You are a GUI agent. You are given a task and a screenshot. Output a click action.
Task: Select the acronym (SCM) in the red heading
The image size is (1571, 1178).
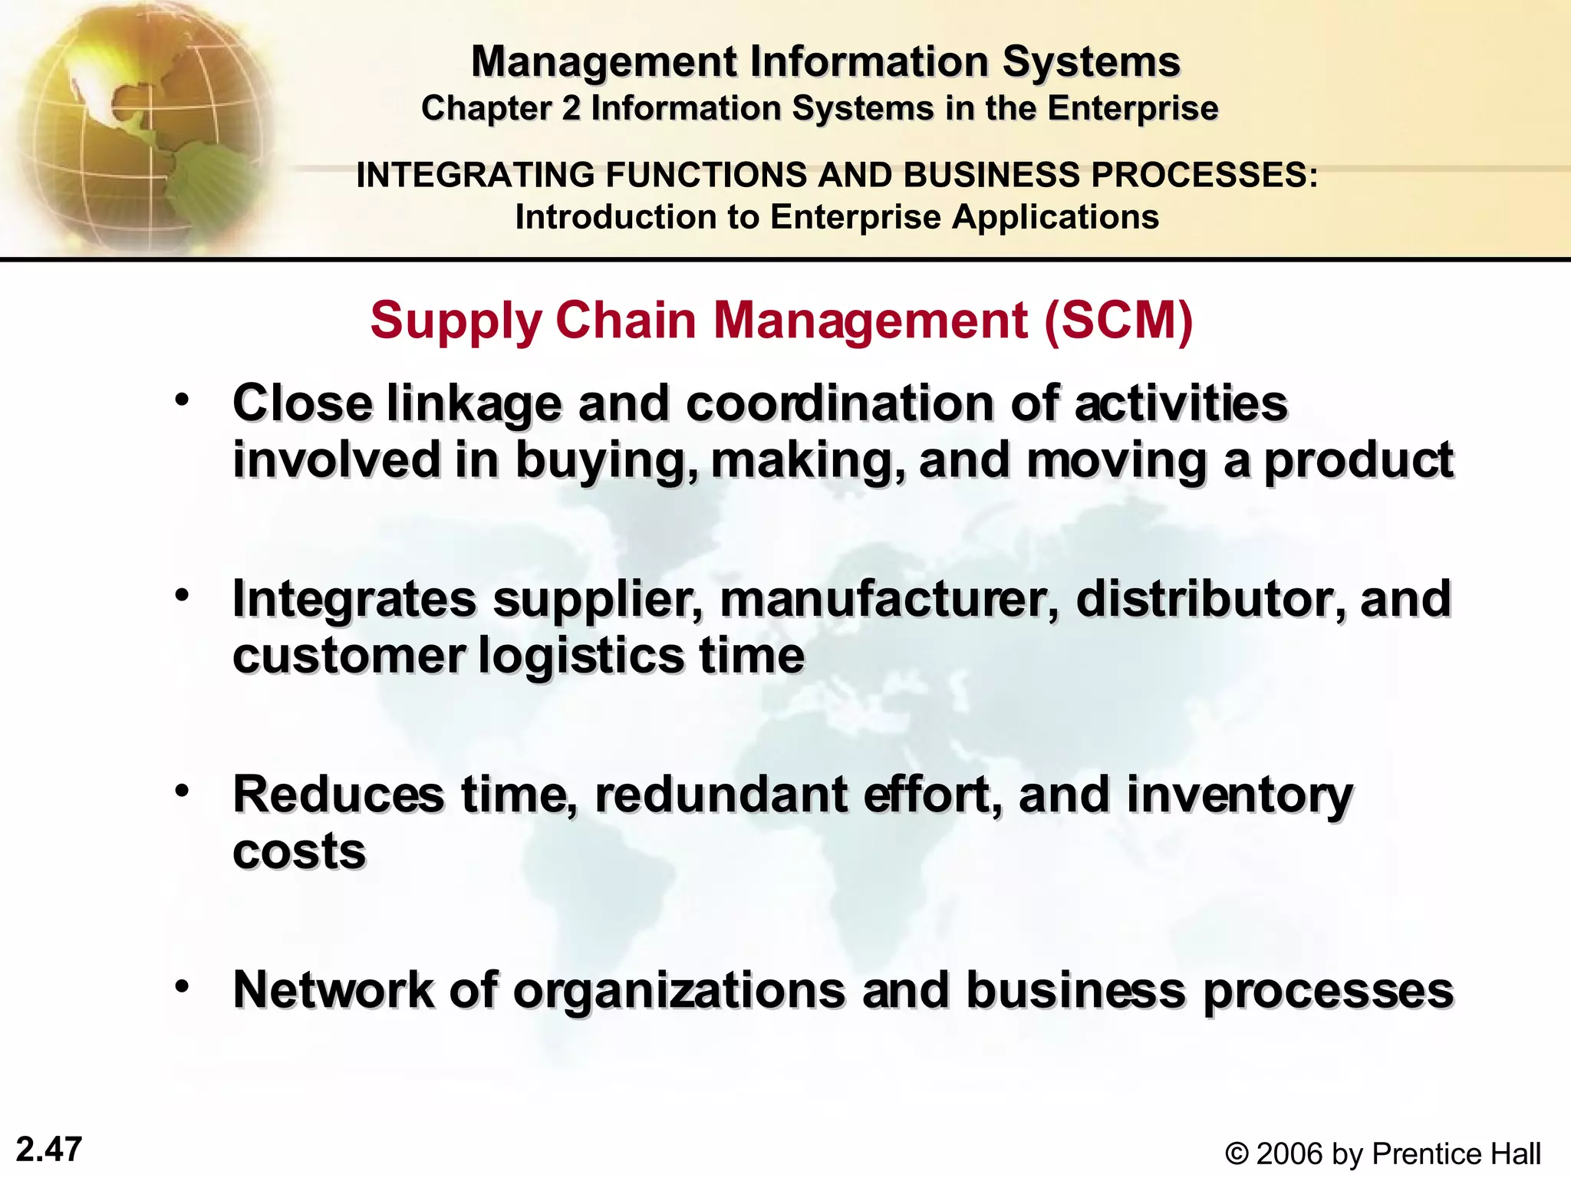click(x=1118, y=320)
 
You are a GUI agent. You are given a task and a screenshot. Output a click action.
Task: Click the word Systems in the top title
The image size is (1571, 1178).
click(x=1091, y=61)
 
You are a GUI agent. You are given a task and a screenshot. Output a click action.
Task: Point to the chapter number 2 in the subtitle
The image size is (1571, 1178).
click(x=571, y=108)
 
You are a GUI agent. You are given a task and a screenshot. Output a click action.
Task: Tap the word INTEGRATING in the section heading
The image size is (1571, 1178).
click(x=476, y=175)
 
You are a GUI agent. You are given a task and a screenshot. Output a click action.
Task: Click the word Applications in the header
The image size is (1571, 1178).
click(x=1055, y=217)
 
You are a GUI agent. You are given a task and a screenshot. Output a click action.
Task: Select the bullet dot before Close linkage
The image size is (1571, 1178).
click(x=182, y=400)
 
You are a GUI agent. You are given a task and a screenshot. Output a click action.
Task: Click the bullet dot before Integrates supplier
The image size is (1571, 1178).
click(x=182, y=595)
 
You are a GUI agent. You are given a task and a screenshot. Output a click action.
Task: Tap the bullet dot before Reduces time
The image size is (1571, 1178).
click(x=182, y=791)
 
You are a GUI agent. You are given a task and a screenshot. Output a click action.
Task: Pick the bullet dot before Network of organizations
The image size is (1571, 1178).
click(x=182, y=986)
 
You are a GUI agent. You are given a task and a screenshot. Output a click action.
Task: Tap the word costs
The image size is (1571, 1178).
click(x=299, y=852)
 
